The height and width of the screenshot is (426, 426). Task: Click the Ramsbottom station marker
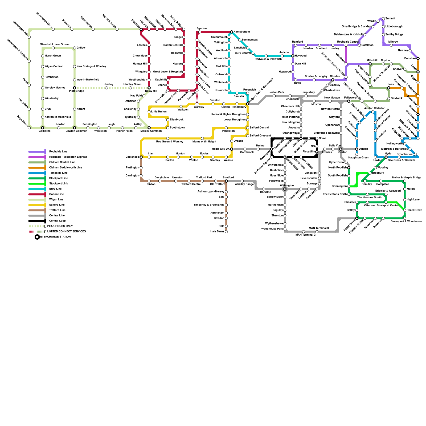pos(232,32)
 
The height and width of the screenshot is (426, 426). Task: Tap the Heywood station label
pos(301,56)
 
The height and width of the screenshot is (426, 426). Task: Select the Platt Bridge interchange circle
pos(75,88)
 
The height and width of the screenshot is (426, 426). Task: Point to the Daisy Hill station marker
pos(149,88)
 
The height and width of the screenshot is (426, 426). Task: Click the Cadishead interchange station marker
pos(141,157)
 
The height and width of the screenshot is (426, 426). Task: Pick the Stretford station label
pos(228,178)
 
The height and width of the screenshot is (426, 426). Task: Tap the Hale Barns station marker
pos(226,232)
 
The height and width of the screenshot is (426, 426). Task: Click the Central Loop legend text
pos(57,221)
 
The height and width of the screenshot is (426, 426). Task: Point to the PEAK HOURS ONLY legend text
pos(60,226)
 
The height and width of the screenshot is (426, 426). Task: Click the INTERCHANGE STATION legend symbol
pos(37,237)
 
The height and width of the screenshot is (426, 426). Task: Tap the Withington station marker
pos(285,189)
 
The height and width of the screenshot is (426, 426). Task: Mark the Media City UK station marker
pos(232,149)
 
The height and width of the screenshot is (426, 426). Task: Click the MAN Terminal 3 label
pos(319,228)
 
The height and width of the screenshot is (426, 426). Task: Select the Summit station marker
pos(383,19)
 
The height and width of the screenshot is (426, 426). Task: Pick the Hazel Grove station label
pos(414,210)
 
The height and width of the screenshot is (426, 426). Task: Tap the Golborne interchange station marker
pos(43,128)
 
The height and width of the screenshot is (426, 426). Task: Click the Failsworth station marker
pos(349,101)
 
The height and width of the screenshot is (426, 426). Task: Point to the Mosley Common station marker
pos(149,128)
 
